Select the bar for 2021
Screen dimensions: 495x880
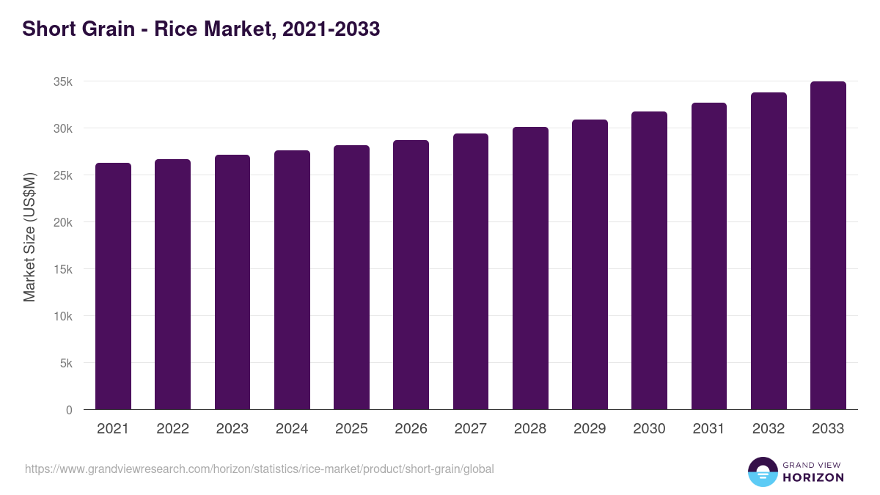pyautogui.click(x=113, y=286)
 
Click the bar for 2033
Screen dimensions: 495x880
pyautogui.click(x=828, y=245)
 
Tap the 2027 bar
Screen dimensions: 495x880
pyautogui.click(x=471, y=271)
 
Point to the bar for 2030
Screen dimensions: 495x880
pyautogui.click(x=649, y=260)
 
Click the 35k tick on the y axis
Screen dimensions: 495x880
pyautogui.click(x=63, y=81)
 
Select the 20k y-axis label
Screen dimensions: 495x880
pyautogui.click(x=63, y=222)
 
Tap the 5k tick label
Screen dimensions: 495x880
pyautogui.click(x=66, y=363)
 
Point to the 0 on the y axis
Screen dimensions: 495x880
pyautogui.click(x=69, y=410)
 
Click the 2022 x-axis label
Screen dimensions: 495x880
pyautogui.click(x=172, y=429)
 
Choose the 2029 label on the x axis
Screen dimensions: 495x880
pyautogui.click(x=590, y=429)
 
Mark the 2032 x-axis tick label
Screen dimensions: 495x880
pyautogui.click(x=769, y=429)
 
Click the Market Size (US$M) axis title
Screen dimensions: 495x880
pyautogui.click(x=29, y=237)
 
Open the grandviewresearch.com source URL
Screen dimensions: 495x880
pyautogui.click(x=260, y=469)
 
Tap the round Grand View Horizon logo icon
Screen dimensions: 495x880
pyautogui.click(x=763, y=472)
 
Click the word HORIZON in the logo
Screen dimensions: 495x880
pyautogui.click(x=813, y=477)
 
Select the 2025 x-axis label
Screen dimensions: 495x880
pyautogui.click(x=351, y=429)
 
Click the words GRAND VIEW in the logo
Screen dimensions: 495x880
pyautogui.click(x=813, y=464)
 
